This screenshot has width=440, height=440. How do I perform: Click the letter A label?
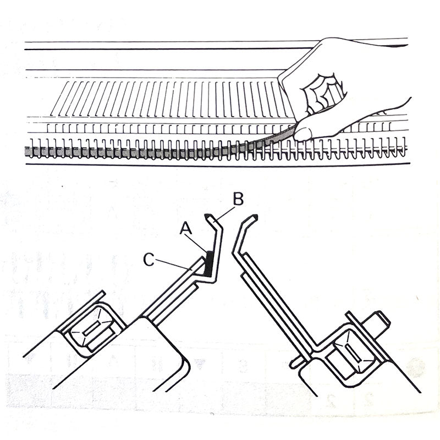(x=186, y=228)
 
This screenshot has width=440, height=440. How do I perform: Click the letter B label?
(x=238, y=199)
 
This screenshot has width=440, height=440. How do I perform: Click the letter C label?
(x=148, y=260)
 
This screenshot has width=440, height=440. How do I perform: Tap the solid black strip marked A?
(x=209, y=263)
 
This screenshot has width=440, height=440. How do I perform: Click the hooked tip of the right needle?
(x=254, y=217)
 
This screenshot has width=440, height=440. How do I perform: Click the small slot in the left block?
(x=91, y=328)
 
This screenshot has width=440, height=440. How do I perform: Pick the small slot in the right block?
(x=354, y=354)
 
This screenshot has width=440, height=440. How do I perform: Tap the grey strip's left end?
(x=26, y=152)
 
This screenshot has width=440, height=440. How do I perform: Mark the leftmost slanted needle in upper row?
(x=59, y=98)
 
